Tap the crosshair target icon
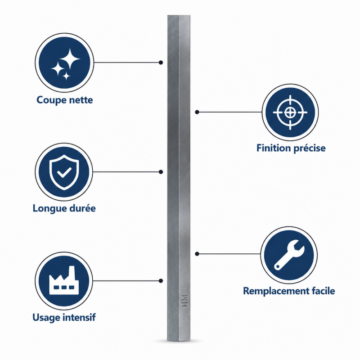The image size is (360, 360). tap(290, 112)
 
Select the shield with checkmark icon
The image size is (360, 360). tap(64, 172)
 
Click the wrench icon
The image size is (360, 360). tap(289, 255)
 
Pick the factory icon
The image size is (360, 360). tap(64, 280)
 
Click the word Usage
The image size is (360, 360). tap(46, 318)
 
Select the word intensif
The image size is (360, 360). tap(79, 317)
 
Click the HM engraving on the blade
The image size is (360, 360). tap(184, 301)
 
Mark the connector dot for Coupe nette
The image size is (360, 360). tap(161, 63)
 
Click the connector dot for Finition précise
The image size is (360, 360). tap(197, 112)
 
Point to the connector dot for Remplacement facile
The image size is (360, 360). tap(197, 254)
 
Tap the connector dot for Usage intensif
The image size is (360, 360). tap(161, 281)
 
